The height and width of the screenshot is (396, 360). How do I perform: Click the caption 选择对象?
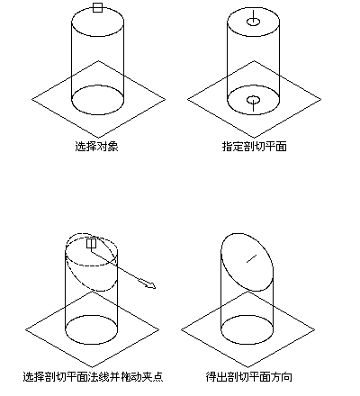[x=96, y=146]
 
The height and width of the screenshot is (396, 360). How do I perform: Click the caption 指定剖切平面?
[x=255, y=146]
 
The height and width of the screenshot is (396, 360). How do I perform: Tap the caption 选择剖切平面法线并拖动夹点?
[x=93, y=376]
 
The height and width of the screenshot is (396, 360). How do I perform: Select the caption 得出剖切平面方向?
[x=248, y=376]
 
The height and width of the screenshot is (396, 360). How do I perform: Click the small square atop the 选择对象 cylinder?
[x=97, y=7]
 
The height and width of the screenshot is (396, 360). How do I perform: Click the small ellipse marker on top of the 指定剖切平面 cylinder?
[x=253, y=22]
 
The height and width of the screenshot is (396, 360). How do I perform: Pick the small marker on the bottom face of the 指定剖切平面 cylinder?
[x=253, y=100]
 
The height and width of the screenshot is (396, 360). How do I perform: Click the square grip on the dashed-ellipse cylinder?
[x=91, y=243]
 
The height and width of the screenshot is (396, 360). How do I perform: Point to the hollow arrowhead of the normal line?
[x=150, y=284]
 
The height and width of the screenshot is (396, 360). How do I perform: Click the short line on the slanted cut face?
[x=252, y=258]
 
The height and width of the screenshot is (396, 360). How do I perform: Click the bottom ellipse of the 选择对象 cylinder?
[x=98, y=114]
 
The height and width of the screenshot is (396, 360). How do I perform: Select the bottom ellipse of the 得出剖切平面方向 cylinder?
[x=247, y=344]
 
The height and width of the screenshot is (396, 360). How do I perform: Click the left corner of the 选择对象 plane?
[x=31, y=99]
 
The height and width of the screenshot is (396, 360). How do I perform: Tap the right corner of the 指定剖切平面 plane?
[x=321, y=99]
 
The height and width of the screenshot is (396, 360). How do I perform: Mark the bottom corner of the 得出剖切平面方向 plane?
[x=247, y=367]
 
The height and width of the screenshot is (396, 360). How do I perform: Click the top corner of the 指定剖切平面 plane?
[x=254, y=61]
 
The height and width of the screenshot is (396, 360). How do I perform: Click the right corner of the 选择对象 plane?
[x=166, y=99]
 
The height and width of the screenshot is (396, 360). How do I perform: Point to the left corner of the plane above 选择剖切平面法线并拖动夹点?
[x=25, y=329]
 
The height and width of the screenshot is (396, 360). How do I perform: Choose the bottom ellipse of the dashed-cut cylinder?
[x=92, y=344]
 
